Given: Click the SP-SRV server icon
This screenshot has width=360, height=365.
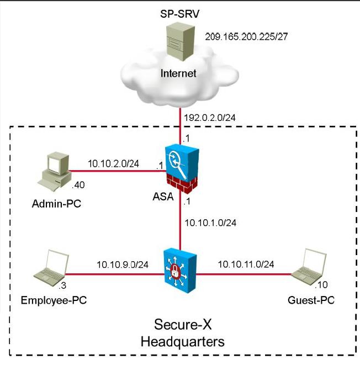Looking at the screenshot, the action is click(181, 41).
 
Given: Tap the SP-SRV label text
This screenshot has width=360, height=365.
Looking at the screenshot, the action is click(179, 14).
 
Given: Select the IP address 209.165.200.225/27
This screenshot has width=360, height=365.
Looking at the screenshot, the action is click(246, 36).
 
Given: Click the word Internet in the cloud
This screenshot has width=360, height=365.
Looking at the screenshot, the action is click(178, 73).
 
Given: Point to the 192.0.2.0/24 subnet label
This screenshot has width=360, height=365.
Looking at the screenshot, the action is click(210, 118).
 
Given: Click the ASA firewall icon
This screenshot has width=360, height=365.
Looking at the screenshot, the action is click(182, 169).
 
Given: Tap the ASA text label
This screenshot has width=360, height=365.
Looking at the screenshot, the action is click(163, 197).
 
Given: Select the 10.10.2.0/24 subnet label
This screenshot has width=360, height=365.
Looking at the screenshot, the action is click(113, 163).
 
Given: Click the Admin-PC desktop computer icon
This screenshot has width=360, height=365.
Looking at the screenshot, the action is click(54, 172).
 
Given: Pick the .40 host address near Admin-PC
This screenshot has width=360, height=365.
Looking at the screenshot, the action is click(78, 185).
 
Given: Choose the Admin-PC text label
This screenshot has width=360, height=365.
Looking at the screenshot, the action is click(56, 204).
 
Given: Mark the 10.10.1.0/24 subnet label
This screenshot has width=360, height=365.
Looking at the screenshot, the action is click(210, 223).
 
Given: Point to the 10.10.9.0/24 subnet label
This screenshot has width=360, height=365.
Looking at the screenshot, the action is click(123, 265).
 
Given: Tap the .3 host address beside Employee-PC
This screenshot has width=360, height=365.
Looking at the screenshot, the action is click(62, 285).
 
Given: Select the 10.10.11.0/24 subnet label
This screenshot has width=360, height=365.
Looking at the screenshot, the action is click(246, 264).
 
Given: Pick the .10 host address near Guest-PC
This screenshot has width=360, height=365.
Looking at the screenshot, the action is click(321, 285).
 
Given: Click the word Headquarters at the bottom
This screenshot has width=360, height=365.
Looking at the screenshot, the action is click(183, 342).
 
